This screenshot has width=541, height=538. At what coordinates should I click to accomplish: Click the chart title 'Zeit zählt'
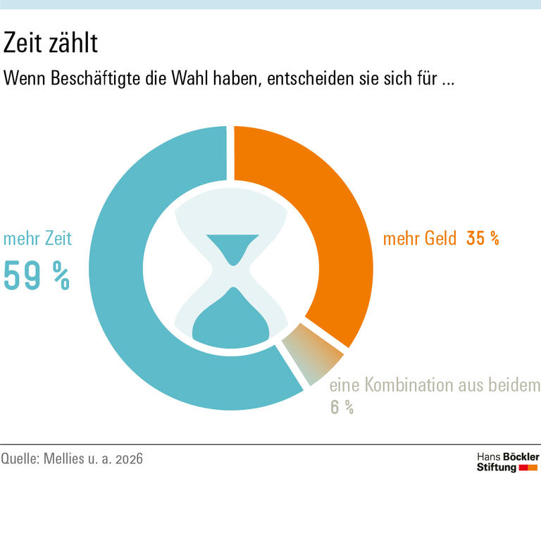[50, 44]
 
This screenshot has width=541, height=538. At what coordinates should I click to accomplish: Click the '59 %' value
[37, 275]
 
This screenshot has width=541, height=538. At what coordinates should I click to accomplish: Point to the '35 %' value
[483, 239]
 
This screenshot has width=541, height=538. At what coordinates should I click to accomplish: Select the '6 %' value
[342, 407]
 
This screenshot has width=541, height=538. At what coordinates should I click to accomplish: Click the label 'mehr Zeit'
[37, 239]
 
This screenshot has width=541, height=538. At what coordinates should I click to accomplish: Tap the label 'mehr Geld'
[420, 239]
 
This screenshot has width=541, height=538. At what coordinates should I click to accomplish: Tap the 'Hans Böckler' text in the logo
[508, 457]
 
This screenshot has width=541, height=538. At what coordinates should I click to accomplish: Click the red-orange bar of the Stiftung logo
[528, 468]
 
